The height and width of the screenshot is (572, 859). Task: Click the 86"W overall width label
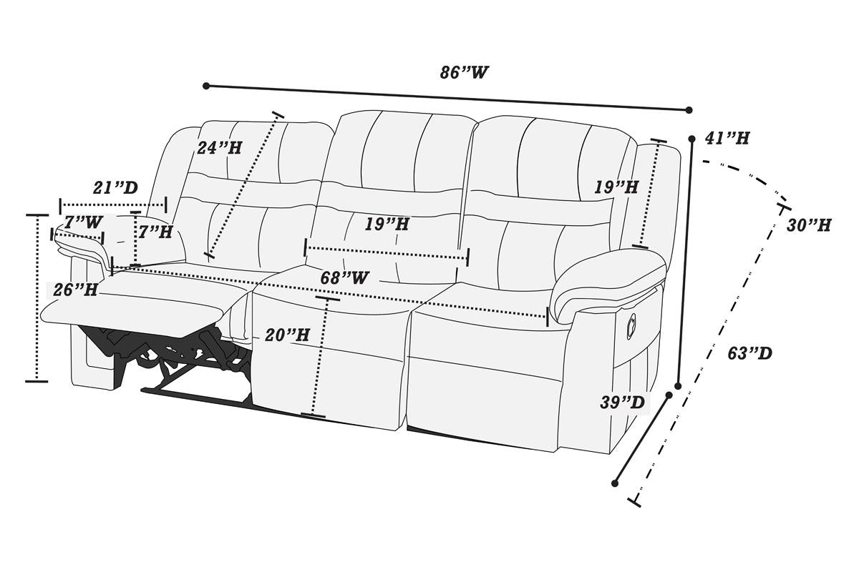(464, 72)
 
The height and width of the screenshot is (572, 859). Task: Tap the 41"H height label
(727, 138)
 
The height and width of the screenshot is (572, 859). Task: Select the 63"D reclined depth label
(749, 353)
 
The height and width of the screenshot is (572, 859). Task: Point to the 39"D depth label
(622, 403)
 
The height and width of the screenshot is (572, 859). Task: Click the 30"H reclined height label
(809, 225)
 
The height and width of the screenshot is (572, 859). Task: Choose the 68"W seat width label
(345, 277)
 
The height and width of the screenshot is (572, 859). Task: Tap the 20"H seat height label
(287, 335)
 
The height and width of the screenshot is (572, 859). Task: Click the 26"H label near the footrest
(75, 290)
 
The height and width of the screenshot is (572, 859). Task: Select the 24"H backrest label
(219, 148)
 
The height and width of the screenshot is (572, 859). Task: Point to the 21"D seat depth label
(115, 187)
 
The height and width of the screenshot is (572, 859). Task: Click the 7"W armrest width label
(83, 222)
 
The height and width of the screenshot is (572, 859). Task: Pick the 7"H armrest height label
(155, 232)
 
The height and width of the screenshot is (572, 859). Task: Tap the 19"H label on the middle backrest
(387, 224)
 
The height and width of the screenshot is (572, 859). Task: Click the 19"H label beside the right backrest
(616, 187)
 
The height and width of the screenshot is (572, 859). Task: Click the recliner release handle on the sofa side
(631, 327)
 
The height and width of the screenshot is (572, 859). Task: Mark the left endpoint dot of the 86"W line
(206, 86)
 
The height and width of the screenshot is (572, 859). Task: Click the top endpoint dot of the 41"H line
(691, 139)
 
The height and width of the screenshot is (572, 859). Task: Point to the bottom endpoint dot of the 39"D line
(615, 483)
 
